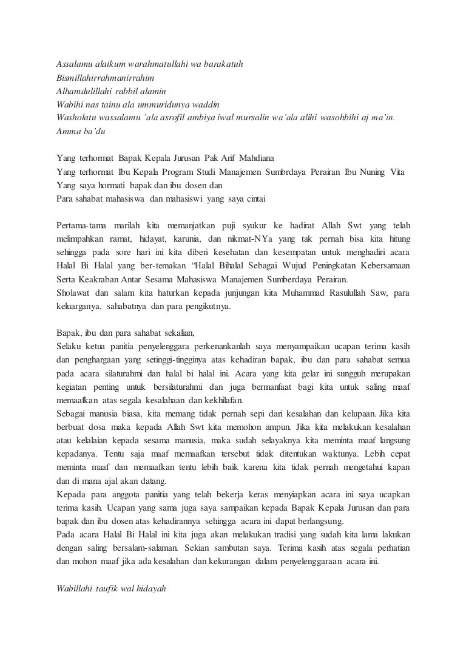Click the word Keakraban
tap(110, 279)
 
